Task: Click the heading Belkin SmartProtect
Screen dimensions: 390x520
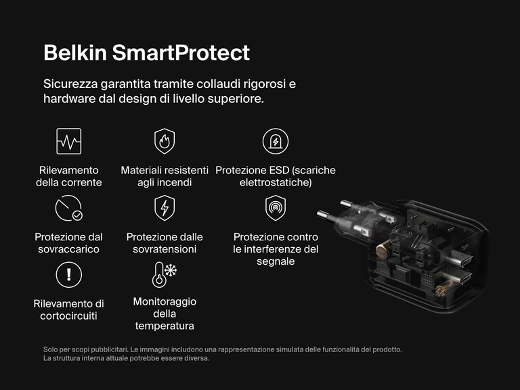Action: [146, 53]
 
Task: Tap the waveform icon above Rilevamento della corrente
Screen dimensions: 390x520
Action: [68, 141]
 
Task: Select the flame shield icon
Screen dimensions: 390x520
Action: [165, 141]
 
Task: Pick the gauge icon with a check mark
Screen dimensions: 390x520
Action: [68, 208]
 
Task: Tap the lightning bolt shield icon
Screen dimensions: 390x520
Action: [165, 208]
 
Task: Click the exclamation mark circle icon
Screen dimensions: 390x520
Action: [68, 274]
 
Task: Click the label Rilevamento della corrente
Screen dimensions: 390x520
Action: [68, 176]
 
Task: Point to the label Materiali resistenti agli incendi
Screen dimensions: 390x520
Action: [165, 176]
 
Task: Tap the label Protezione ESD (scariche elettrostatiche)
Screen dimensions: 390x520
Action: [275, 176]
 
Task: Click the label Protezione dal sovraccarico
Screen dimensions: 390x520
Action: [68, 243]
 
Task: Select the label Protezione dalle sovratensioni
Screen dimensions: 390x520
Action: [165, 243]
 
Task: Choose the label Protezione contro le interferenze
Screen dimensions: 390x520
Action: [275, 249]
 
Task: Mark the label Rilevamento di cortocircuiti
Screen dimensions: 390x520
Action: [68, 309]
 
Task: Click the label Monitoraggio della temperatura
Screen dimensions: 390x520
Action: [164, 313]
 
